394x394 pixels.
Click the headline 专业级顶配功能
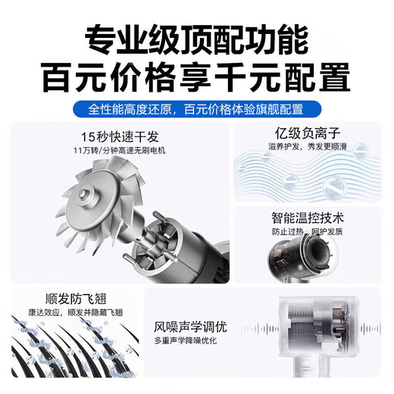click(197, 38)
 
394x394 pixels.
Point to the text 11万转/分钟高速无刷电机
click(122, 151)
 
